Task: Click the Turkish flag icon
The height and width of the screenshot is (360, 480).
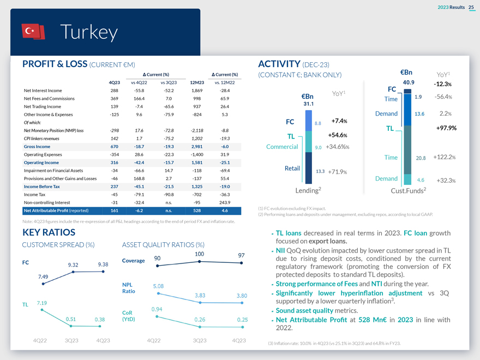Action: [33, 32]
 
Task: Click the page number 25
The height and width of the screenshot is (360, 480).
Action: [471, 7]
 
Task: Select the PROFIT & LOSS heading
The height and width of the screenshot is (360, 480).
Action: [55, 64]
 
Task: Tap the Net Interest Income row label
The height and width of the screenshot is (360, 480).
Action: [43, 91]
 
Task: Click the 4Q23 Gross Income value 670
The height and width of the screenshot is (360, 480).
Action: [115, 147]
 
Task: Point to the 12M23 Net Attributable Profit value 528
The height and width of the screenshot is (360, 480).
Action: [197, 211]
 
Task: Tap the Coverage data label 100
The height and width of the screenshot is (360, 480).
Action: [199, 254]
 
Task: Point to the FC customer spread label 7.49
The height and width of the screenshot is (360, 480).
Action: [44, 276]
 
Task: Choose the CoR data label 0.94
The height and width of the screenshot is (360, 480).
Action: [158, 310]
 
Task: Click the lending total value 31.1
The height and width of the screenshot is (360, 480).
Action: [308, 104]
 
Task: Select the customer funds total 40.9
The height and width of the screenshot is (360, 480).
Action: [409, 82]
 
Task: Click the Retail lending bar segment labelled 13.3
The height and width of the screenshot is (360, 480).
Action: [309, 171]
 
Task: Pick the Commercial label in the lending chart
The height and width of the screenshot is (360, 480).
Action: [282, 146]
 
